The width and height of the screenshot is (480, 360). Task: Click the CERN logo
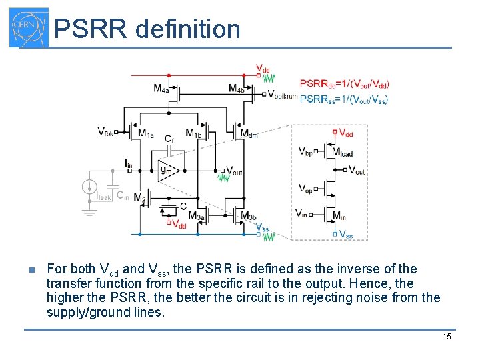(x=29, y=28)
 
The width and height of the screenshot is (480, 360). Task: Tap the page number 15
(x=447, y=337)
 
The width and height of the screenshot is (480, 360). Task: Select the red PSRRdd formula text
(x=345, y=84)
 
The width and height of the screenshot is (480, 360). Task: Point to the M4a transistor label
(x=161, y=89)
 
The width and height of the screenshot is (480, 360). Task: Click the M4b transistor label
(x=235, y=89)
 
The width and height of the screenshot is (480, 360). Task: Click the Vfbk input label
(x=105, y=132)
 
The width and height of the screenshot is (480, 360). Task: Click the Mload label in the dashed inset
(x=342, y=152)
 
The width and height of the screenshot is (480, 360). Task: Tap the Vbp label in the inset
(x=305, y=151)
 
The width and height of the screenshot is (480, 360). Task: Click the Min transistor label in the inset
(x=339, y=216)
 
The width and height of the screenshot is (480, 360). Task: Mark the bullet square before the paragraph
(x=31, y=270)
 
